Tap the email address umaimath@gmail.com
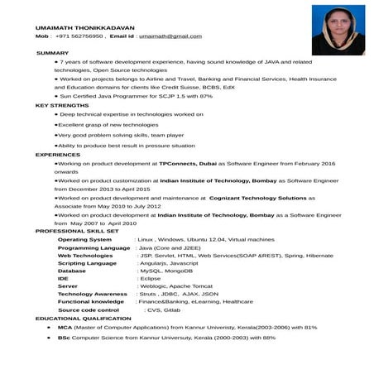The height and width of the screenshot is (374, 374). pos(170,36)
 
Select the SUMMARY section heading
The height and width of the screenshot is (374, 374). pos(53,53)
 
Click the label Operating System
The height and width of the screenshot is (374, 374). pos(84,239)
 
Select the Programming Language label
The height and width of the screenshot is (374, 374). pos(93,247)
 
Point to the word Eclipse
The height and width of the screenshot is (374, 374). pos(150,278)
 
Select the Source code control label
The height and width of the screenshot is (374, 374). pos(94,309)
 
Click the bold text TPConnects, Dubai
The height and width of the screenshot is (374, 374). pos(188,164)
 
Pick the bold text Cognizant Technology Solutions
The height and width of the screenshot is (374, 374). pos(257,199)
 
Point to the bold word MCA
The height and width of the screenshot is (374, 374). pos(64,327)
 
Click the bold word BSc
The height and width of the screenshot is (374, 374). pos(63,338)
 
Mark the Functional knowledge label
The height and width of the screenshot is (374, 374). pos(91,301)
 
